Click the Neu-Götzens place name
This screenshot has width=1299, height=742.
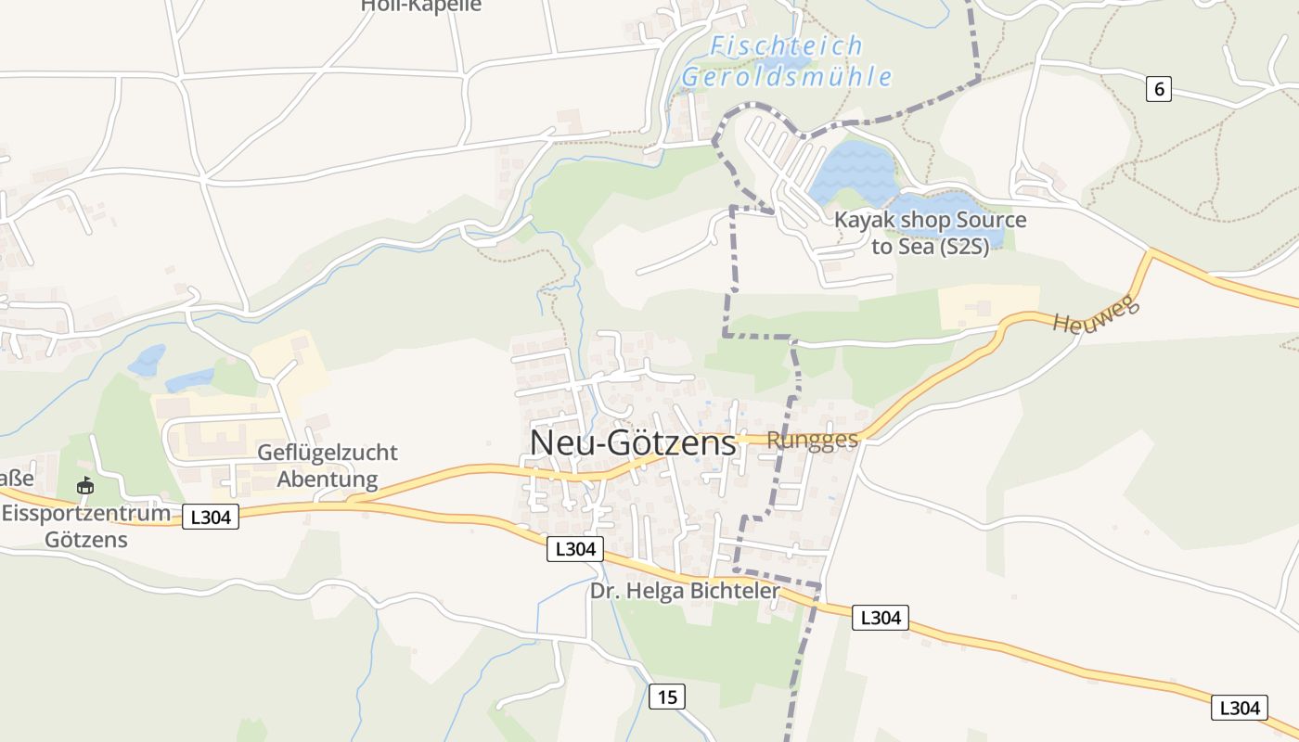633,442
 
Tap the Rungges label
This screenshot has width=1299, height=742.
813,440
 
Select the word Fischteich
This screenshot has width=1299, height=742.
786,45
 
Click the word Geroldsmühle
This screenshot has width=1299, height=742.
787,76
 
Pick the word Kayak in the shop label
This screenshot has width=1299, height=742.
862,221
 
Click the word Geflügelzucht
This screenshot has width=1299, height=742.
328,453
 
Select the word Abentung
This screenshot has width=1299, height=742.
328,480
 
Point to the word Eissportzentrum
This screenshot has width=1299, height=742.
86,513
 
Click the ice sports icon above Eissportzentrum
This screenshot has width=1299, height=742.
85,484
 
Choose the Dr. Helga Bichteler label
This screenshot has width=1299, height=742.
686,590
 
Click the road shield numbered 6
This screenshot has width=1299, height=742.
1158,89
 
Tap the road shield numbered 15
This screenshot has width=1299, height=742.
667,697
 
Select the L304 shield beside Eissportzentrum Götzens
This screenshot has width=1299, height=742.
211,517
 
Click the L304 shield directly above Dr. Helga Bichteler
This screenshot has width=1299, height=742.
575,549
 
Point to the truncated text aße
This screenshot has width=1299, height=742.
17,479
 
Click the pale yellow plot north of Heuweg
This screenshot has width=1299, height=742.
986,306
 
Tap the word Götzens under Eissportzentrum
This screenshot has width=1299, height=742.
86,539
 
